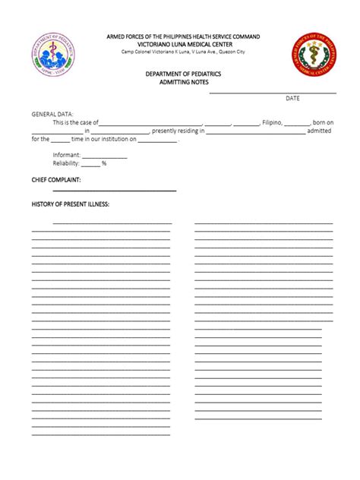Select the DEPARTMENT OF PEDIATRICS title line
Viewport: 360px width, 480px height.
point(179,73)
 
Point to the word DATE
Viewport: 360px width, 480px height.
point(292,99)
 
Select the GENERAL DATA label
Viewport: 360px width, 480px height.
point(52,113)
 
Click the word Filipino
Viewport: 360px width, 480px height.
point(273,122)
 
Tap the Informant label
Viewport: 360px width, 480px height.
point(66,155)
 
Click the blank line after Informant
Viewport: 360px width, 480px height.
point(104,156)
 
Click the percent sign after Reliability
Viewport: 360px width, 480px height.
point(103,163)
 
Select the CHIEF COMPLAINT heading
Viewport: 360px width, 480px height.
point(55,179)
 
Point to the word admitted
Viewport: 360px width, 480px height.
point(318,131)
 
